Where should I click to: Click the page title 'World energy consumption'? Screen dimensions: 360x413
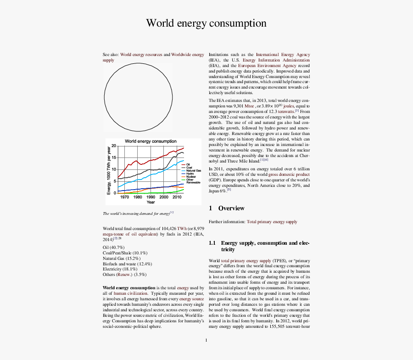pyautogui.click(x=206, y=23)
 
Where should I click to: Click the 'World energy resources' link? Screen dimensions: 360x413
pyautogui.click(x=141, y=55)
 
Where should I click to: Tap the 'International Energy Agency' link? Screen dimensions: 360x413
pyautogui.click(x=283, y=55)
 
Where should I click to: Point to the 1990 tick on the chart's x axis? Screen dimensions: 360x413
pyautogui.click(x=151, y=197)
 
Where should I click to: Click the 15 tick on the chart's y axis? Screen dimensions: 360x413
pyautogui.click(x=114, y=157)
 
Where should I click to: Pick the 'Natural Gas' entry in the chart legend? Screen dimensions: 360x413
pyautogui.click(x=193, y=171)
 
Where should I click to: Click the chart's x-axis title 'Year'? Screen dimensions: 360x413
pyautogui.click(x=151, y=202)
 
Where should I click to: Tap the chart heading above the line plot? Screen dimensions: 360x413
pyautogui.click(x=151, y=141)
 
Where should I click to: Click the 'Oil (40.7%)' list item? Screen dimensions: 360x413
pyautogui.click(x=114, y=247)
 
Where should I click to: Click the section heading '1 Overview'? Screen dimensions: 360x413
pyautogui.click(x=227, y=208)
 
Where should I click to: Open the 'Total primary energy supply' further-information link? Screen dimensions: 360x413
pyautogui.click(x=272, y=222)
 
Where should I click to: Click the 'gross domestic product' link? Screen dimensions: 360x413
pyautogui.click(x=289, y=174)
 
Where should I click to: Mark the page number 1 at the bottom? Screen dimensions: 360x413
pyautogui.click(x=206, y=340)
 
